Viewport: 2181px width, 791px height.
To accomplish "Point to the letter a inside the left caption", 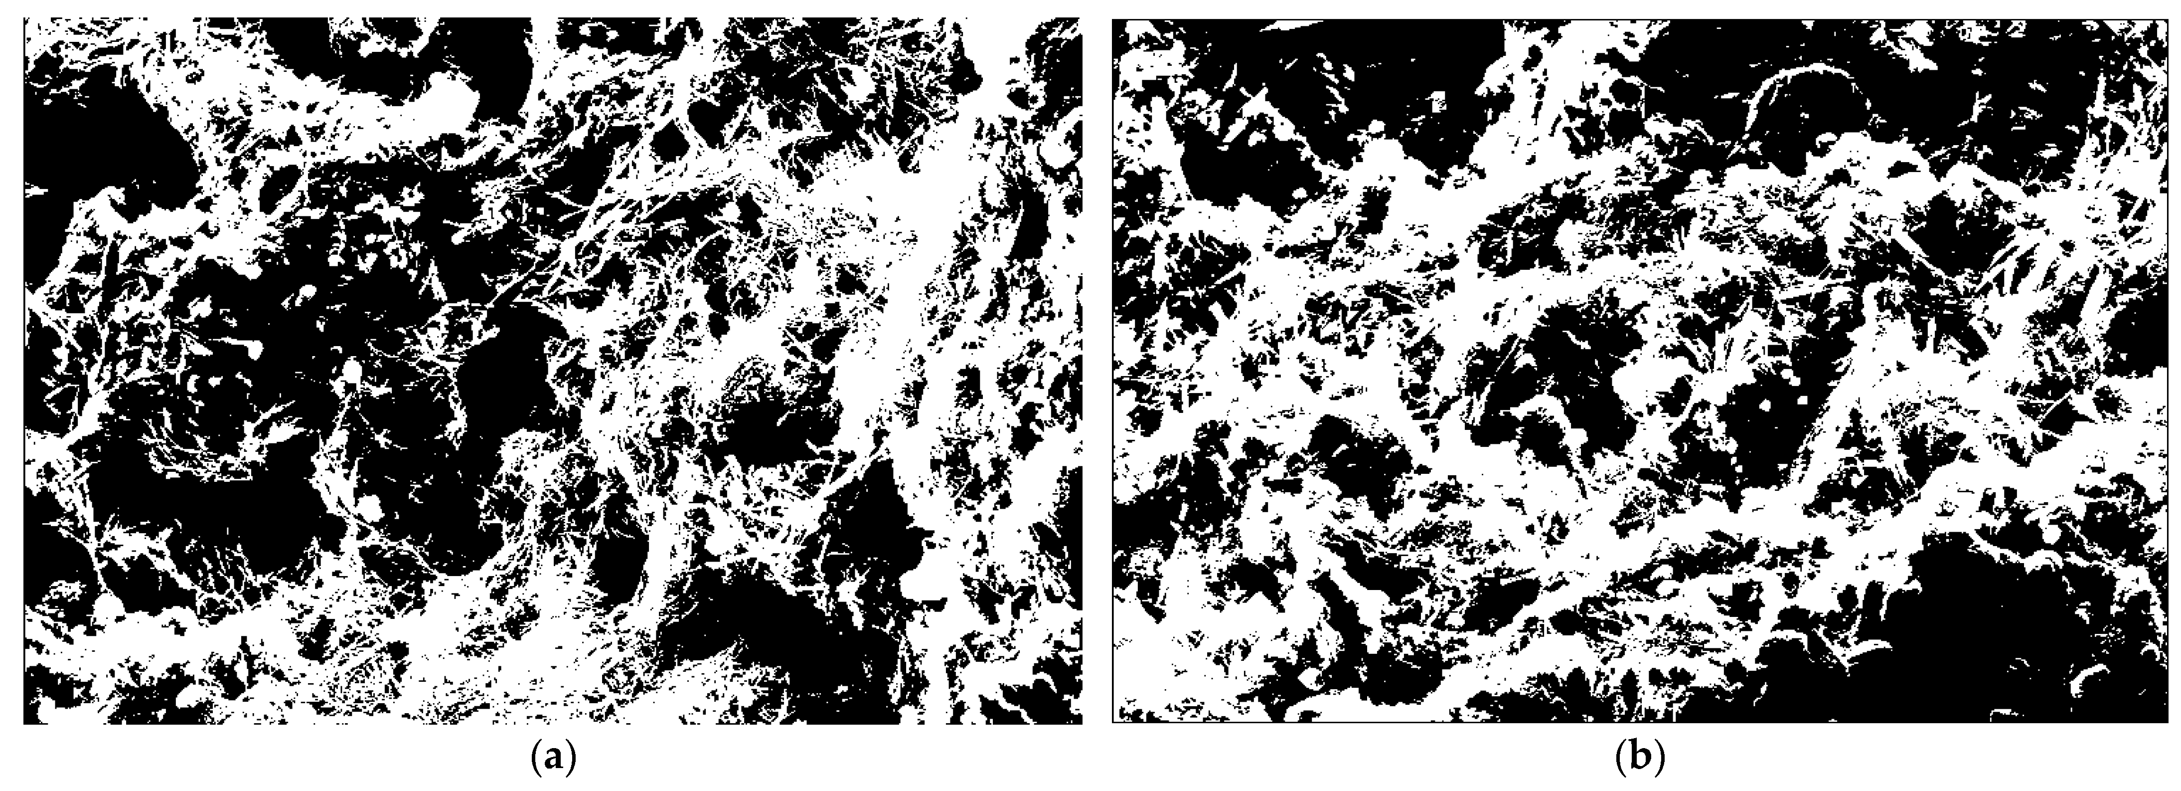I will coord(553,757).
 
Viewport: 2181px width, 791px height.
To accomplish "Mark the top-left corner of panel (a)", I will coord(24,18).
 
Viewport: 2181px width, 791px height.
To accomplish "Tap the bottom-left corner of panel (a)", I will coord(24,724).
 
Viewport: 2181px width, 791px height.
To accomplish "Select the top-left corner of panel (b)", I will coord(1112,18).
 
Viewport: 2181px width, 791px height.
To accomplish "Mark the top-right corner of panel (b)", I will coord(2169,18).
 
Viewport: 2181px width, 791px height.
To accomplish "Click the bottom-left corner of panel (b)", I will coord(1112,722).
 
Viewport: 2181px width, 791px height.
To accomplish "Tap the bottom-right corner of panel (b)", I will coord(2169,722).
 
